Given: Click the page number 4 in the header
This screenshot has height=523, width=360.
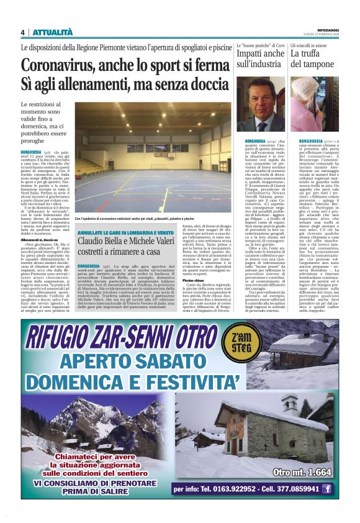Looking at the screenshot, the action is [22, 32].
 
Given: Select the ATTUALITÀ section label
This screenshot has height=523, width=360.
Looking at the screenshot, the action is [52, 32].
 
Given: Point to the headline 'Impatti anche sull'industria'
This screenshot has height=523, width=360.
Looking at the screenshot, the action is [260, 58].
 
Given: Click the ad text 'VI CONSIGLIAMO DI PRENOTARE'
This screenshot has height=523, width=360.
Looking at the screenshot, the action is [89, 481].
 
